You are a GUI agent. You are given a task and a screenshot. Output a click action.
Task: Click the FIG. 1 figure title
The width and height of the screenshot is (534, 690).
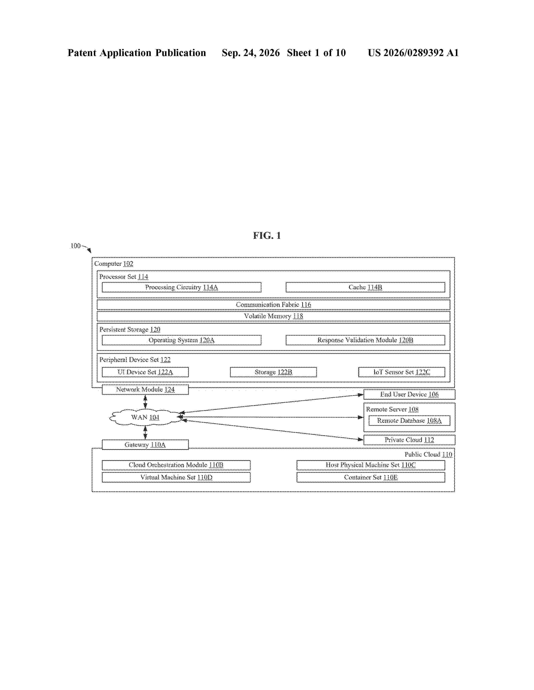coord(267,235)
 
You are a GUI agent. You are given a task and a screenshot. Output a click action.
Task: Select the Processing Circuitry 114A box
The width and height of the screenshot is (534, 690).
coord(182,287)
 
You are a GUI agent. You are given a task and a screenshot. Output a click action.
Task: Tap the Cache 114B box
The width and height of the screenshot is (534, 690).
coord(365,287)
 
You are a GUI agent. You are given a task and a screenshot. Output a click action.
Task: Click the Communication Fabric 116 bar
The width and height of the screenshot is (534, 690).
coord(273,305)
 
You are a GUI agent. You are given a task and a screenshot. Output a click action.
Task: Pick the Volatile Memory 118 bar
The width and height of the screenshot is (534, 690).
coord(273,316)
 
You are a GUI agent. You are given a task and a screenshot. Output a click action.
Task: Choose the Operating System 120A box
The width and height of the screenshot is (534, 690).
coord(182,340)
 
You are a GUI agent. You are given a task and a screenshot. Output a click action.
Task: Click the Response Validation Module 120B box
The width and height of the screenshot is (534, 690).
coord(365,340)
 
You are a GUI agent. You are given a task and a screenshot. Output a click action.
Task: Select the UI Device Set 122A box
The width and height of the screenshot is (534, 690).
coord(145,372)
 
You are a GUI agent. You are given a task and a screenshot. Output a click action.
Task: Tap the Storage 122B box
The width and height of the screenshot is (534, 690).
coord(273,372)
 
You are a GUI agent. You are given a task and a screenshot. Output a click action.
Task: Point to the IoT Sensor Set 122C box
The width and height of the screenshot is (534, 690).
coord(402,372)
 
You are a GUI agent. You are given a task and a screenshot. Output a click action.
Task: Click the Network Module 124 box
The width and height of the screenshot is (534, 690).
coord(145,389)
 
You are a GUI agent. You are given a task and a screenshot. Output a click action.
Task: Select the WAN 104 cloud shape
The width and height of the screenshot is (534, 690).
coord(145,417)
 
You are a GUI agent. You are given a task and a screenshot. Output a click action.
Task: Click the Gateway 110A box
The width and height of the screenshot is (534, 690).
coord(145,445)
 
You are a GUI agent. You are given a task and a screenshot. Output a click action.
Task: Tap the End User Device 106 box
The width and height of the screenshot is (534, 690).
coord(409,394)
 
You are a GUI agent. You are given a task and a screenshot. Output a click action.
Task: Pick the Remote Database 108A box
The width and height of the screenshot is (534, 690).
coord(409,420)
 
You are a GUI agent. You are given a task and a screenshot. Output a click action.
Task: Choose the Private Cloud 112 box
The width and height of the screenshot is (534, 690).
coord(409,440)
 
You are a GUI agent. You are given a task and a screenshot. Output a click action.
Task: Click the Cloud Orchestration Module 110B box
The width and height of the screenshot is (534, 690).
coord(176,465)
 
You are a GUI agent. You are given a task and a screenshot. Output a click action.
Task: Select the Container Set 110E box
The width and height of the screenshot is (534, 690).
coord(371,477)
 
